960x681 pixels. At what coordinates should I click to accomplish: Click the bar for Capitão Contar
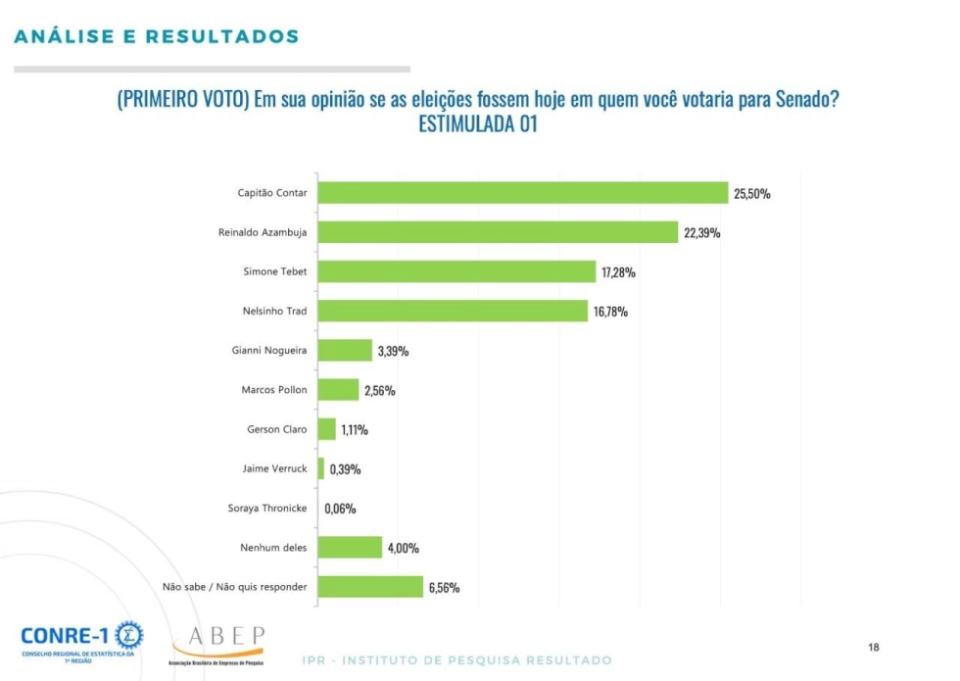(523, 193)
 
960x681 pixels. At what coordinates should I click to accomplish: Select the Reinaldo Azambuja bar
(498, 232)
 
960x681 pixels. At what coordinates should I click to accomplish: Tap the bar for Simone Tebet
(456, 271)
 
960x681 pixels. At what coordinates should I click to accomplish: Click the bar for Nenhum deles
(350, 547)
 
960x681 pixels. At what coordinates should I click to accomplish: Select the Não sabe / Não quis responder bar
(370, 587)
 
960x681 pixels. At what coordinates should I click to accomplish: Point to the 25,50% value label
(752, 194)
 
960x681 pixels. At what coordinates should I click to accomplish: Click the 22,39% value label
(701, 233)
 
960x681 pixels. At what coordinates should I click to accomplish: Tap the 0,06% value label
(340, 509)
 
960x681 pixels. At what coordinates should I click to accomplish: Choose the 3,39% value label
(392, 351)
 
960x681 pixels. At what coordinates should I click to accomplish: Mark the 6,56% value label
(443, 588)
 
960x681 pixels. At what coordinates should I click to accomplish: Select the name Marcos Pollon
(273, 390)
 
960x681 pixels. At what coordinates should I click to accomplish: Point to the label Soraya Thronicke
(266, 508)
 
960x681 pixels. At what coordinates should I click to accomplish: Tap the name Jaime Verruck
(274, 468)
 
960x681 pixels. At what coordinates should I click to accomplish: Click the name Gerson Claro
(276, 429)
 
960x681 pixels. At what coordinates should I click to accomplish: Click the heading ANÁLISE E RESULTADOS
(157, 37)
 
